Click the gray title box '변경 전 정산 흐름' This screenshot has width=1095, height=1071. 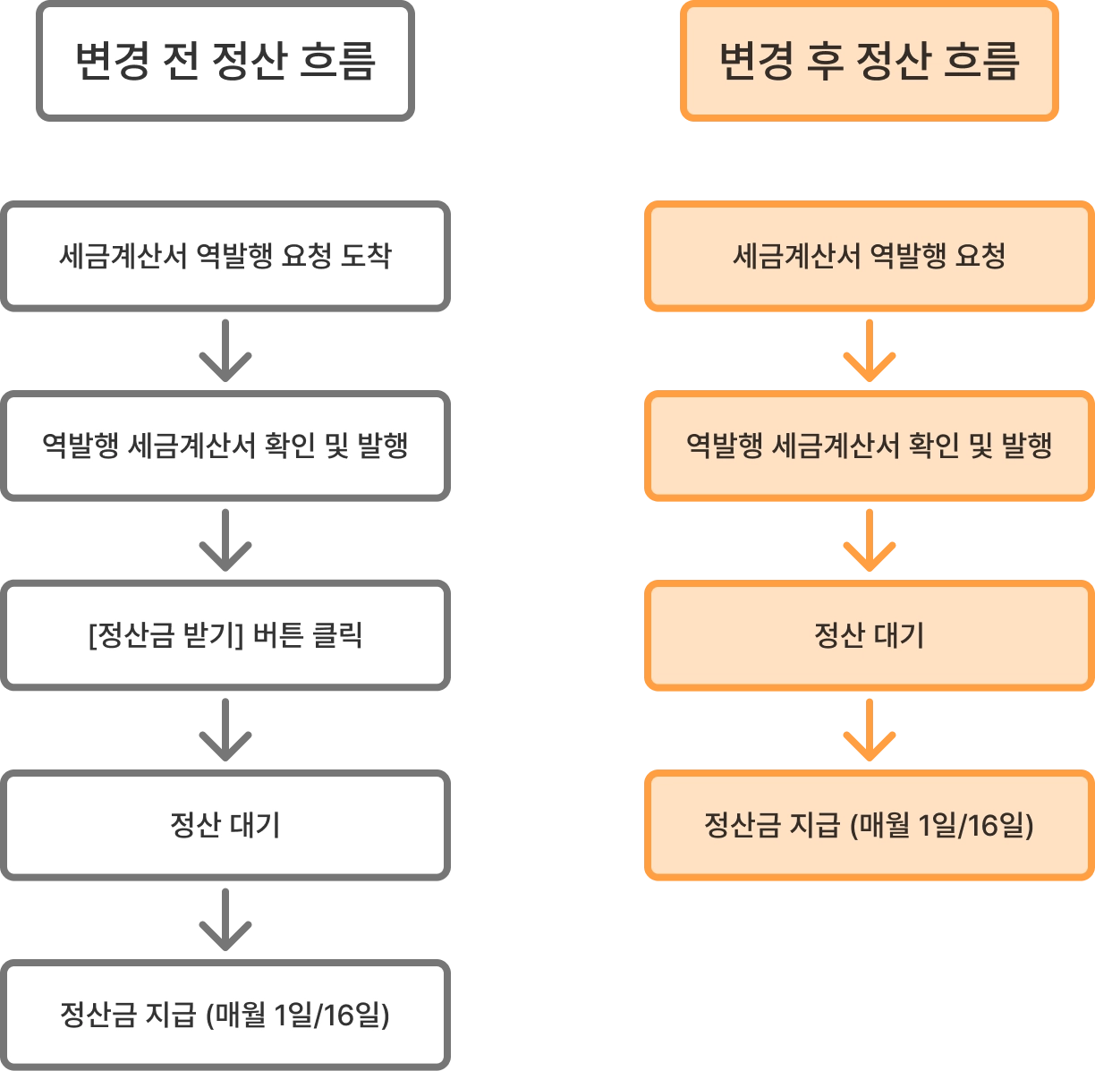tap(225, 61)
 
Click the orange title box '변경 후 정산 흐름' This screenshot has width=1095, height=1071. tap(869, 61)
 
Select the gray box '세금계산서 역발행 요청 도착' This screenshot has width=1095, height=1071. tap(225, 257)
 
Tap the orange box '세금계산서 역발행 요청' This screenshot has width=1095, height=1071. tap(869, 257)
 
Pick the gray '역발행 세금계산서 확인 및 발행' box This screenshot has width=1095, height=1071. tap(225, 446)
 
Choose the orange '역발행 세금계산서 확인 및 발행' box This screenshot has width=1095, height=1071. tap(869, 446)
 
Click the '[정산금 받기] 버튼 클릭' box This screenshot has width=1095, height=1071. tap(225, 635)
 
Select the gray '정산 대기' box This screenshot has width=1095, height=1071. tap(225, 824)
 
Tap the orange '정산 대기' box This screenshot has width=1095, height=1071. tap(869, 635)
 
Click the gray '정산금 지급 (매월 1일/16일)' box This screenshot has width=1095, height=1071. tap(225, 1015)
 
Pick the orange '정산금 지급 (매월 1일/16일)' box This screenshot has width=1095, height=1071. tap(869, 824)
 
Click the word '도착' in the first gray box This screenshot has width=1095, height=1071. tap(366, 257)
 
